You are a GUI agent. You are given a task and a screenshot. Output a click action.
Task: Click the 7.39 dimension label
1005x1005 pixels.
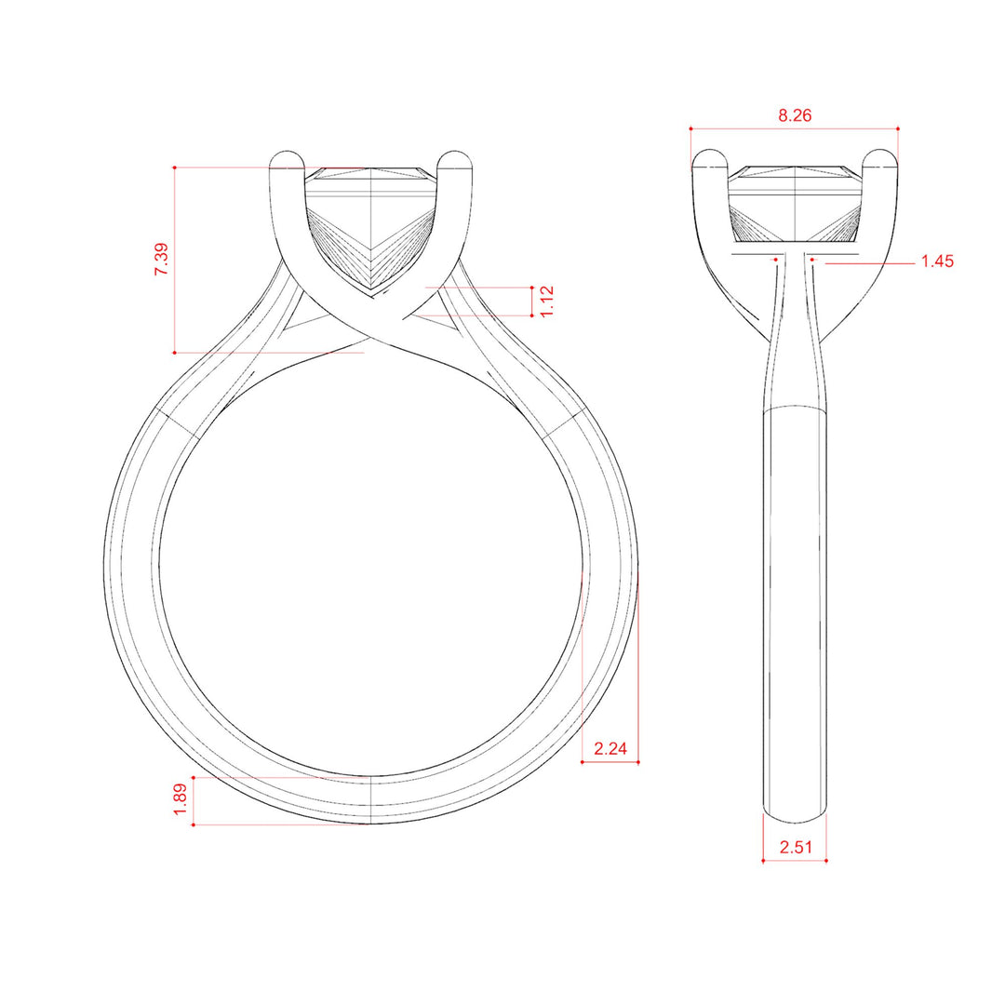pyautogui.click(x=162, y=259)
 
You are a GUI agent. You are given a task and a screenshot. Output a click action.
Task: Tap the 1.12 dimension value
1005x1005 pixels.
pyautogui.click(x=546, y=301)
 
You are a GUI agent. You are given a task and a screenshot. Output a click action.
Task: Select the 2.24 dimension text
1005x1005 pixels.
pyautogui.click(x=610, y=748)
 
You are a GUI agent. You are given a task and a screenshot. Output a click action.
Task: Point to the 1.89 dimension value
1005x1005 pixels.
pyautogui.click(x=181, y=799)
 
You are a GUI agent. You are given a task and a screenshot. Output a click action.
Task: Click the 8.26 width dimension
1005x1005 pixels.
pyautogui.click(x=795, y=115)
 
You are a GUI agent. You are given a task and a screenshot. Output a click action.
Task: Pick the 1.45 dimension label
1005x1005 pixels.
pyautogui.click(x=937, y=261)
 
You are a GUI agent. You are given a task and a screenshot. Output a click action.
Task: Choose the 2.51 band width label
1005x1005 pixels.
pyautogui.click(x=796, y=848)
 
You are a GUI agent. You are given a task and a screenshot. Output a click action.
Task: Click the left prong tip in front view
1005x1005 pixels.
pyautogui.click(x=287, y=152)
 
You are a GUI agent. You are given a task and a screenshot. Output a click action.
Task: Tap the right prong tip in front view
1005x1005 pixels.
pyautogui.click(x=454, y=152)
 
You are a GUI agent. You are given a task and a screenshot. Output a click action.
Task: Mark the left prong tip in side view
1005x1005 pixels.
pyautogui.click(x=710, y=152)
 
